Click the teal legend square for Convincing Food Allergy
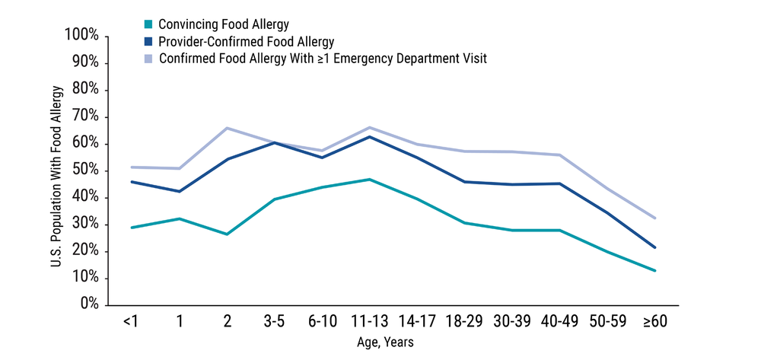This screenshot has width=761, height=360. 148,24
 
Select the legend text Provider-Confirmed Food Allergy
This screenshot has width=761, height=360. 247,41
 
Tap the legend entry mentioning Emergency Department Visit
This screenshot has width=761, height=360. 323,58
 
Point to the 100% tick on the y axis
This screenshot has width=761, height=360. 81,36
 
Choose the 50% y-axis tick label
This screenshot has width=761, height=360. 84,170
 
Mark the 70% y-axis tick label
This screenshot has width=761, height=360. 84,116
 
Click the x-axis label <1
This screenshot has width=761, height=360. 131,322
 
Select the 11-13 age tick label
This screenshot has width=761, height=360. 369,322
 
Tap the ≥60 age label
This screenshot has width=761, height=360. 654,322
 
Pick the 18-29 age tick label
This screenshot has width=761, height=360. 464,322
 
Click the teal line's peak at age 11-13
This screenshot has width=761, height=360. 369,180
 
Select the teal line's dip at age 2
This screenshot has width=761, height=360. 227,234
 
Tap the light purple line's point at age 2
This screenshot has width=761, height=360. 227,128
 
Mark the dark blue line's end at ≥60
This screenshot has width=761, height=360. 654,247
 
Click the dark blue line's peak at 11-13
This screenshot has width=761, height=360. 369,136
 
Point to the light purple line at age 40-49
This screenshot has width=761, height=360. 559,155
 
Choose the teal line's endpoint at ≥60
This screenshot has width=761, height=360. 654,270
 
